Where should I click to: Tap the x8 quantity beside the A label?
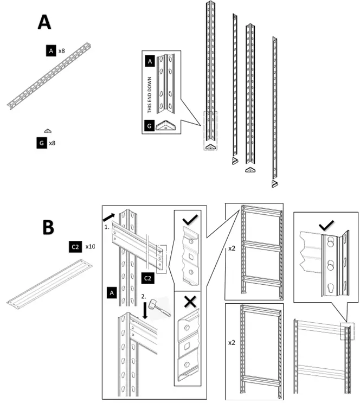[62, 50]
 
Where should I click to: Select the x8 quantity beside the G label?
[53, 143]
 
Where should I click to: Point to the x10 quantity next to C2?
[90, 246]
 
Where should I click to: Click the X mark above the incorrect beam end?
[190, 302]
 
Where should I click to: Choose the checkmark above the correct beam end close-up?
[189, 220]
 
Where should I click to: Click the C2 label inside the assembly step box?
[147, 278]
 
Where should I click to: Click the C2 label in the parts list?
[75, 246]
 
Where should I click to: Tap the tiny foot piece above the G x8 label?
[48, 131]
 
